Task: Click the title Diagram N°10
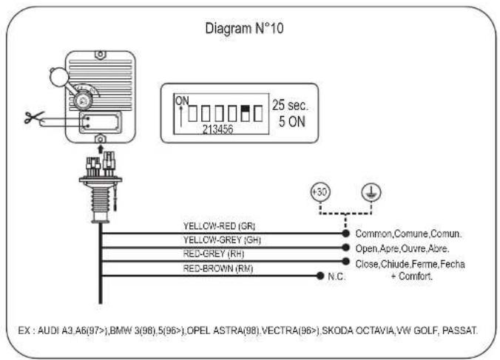pyautogui.click(x=244, y=28)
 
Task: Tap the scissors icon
pyautogui.click(x=34, y=118)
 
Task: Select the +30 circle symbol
pyautogui.click(x=320, y=192)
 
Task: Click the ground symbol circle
pyautogui.click(x=371, y=192)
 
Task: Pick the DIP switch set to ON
pyautogui.click(x=245, y=113)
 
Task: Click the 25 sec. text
pyautogui.click(x=290, y=105)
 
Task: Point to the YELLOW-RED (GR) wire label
pyautogui.click(x=219, y=226)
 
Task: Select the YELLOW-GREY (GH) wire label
pyautogui.click(x=222, y=240)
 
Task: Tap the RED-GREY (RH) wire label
pyautogui.click(x=214, y=254)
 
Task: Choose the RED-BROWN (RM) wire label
pyautogui.click(x=218, y=268)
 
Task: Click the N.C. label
pyautogui.click(x=337, y=276)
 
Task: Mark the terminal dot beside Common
pyautogui.click(x=345, y=233)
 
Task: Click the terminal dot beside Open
pyautogui.click(x=345, y=247)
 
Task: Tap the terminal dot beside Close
pyautogui.click(x=345, y=261)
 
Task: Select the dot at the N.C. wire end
pyautogui.click(x=320, y=276)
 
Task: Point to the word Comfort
pyautogui.click(x=416, y=276)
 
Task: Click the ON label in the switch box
pyautogui.click(x=182, y=101)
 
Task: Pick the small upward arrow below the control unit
pyautogui.click(x=101, y=149)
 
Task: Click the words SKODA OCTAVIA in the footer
pyautogui.click(x=358, y=330)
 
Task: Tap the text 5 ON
pyautogui.click(x=291, y=122)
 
